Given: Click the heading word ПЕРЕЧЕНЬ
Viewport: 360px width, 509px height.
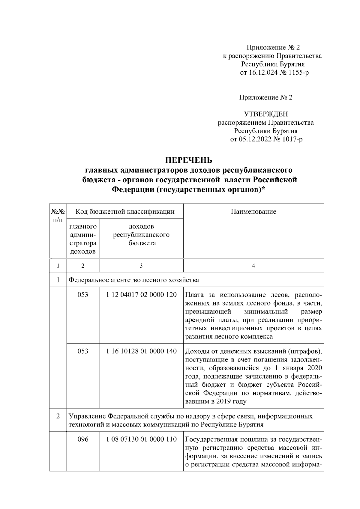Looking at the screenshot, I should point(189,159).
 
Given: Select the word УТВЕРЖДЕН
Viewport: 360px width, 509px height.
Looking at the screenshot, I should point(265,114).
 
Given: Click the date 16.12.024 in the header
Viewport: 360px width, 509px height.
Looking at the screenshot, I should point(262,73).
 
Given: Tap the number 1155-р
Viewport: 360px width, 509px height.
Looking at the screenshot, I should point(298,73).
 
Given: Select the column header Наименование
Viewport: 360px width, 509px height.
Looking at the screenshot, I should point(253,212).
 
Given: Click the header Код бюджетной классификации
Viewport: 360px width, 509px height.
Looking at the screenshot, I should point(125,212).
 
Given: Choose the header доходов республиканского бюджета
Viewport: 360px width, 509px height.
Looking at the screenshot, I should point(141,234).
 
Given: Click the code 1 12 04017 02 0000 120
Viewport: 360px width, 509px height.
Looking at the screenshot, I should point(141,294).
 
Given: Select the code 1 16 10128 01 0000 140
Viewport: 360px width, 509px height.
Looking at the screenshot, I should point(141,351).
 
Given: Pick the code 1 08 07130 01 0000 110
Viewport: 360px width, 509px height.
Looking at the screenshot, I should point(141,439).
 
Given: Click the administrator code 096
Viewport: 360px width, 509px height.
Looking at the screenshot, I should point(83,439).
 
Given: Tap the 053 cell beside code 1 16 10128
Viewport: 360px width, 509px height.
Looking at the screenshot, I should point(83,351).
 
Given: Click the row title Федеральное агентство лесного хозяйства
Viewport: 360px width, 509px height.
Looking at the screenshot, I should point(134,280).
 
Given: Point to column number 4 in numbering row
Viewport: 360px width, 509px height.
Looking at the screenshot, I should point(253,266).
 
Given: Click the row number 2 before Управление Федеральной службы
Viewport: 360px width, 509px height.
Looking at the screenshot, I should point(58,417).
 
